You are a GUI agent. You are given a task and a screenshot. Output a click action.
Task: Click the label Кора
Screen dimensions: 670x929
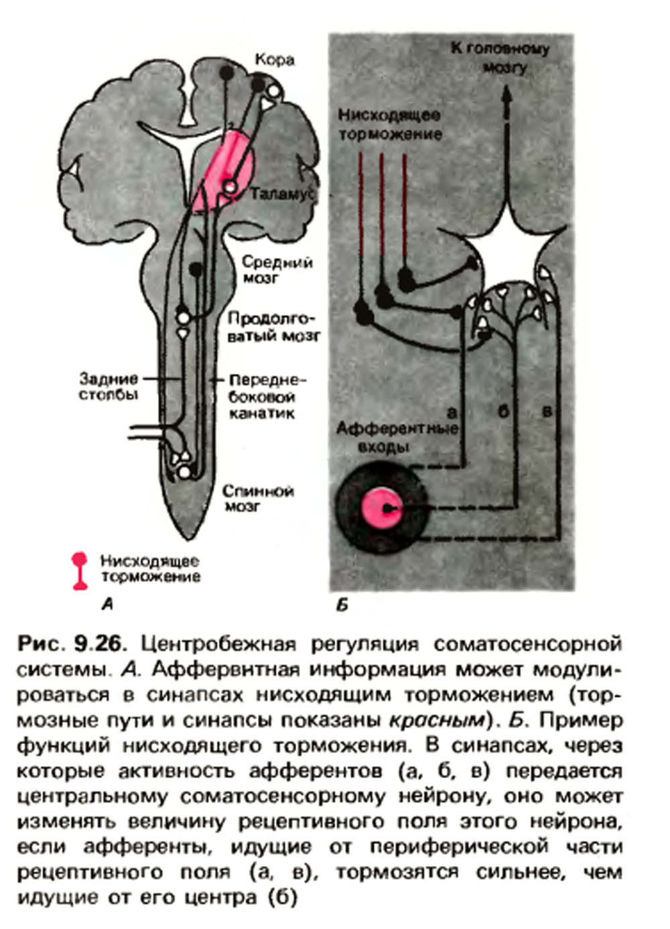click(x=275, y=60)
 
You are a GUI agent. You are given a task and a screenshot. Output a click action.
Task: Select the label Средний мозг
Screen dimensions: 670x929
click(x=277, y=269)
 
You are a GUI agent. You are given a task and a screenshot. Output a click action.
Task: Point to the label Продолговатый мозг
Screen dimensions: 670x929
click(x=274, y=327)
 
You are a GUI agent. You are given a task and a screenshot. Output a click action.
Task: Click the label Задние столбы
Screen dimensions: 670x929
click(x=109, y=387)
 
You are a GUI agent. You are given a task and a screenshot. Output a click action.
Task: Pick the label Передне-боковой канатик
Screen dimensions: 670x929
click(x=266, y=397)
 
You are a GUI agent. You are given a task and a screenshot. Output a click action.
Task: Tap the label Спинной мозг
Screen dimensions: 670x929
click(x=258, y=499)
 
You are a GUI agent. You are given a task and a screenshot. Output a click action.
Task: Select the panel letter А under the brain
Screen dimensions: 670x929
click(x=107, y=605)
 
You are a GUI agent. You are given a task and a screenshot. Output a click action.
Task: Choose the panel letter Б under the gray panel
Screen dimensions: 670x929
click(x=342, y=606)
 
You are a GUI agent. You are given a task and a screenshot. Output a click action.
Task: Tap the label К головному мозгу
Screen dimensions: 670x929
click(x=500, y=58)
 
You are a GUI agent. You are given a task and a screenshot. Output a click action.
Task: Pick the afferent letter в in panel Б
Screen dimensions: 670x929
click(x=547, y=412)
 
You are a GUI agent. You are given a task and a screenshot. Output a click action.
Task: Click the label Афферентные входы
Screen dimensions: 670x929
click(x=397, y=437)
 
